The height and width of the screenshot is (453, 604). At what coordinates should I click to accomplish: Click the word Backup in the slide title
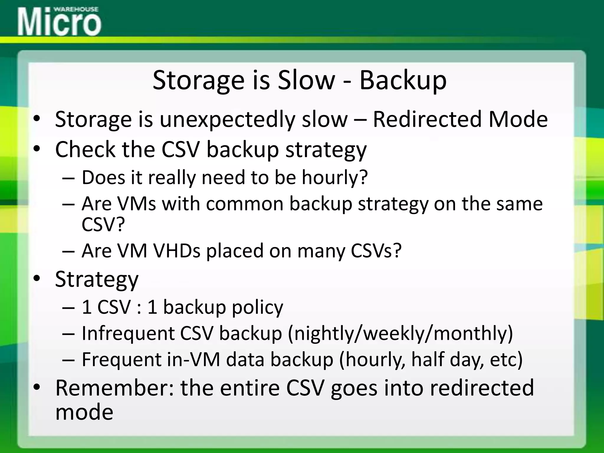(403, 80)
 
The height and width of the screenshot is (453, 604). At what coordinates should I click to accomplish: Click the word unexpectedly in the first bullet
(227, 120)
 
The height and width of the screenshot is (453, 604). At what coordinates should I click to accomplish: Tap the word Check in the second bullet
(85, 149)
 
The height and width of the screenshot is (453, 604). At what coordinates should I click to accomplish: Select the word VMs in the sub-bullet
(136, 203)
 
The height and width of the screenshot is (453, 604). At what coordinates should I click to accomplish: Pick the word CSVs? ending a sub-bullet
(376, 251)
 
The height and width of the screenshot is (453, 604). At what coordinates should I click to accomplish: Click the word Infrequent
(128, 333)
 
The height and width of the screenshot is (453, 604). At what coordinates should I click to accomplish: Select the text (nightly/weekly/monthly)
(400, 334)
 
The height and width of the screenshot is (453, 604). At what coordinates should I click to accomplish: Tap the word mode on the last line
(84, 412)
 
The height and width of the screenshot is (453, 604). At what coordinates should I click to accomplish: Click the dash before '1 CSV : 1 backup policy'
(68, 307)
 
